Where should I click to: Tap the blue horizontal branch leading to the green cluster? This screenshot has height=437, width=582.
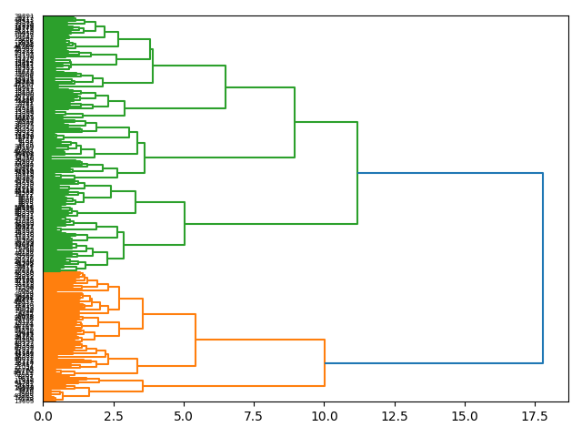click(x=450, y=173)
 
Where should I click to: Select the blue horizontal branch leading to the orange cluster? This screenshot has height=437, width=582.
click(x=434, y=363)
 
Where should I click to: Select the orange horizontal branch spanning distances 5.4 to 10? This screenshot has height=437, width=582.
click(x=260, y=340)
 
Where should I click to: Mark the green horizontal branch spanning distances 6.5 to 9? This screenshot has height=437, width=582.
click(x=260, y=87)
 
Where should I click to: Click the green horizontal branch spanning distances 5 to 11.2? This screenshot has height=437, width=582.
click(x=271, y=223)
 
